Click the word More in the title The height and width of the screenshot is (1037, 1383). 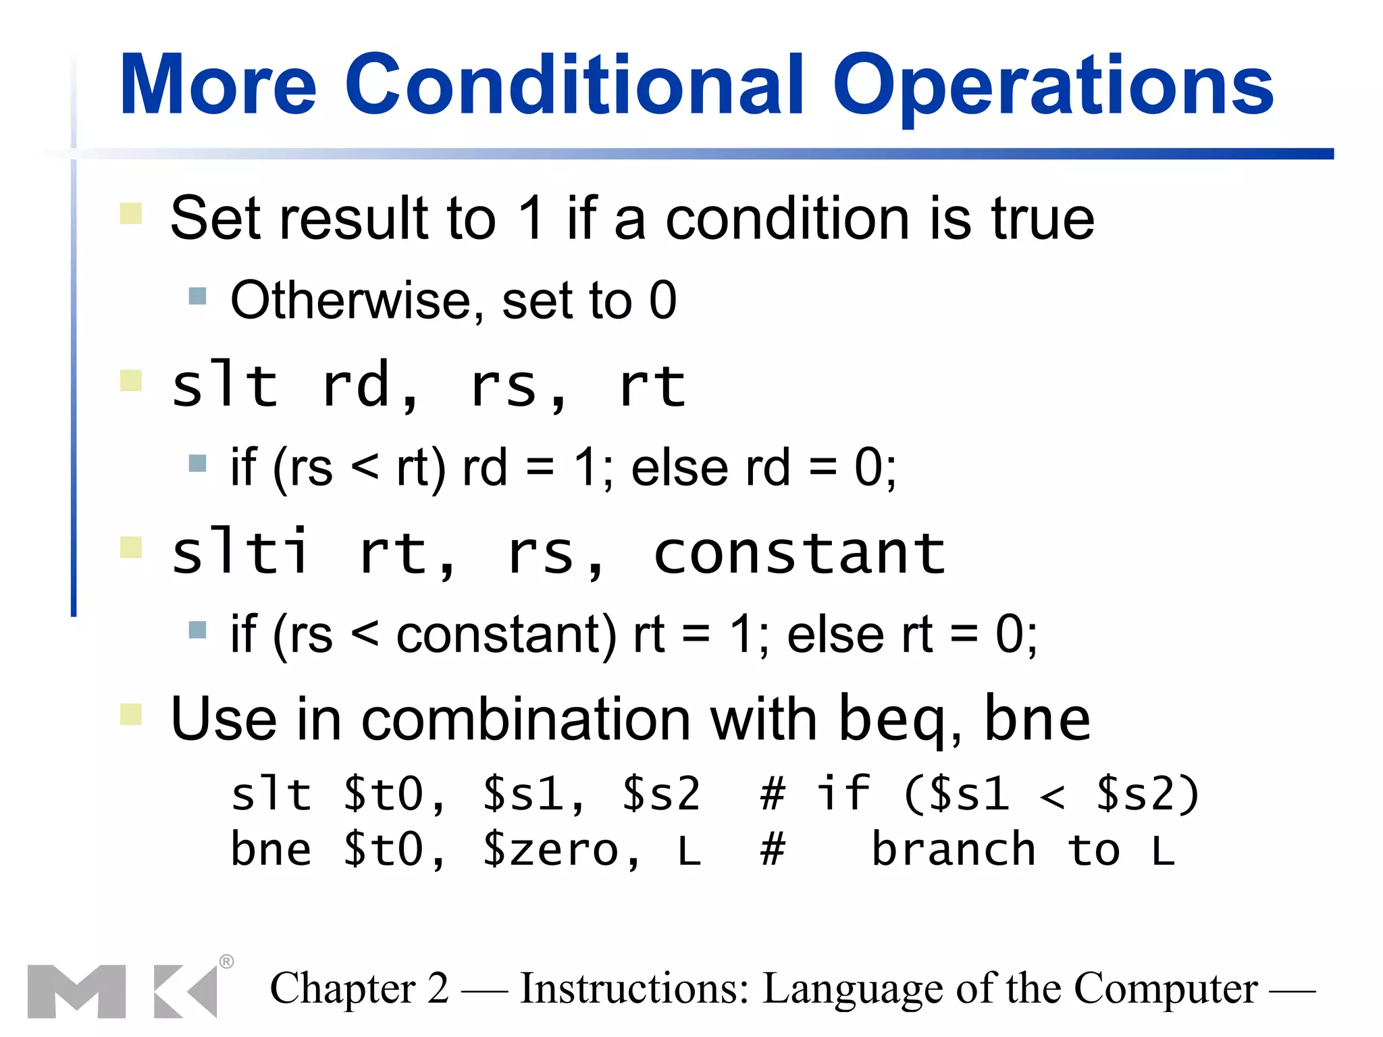pyautogui.click(x=217, y=86)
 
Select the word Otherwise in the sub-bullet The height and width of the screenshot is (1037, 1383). pyautogui.click(x=351, y=300)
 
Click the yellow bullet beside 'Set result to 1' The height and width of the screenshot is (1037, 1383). pyautogui.click(x=130, y=213)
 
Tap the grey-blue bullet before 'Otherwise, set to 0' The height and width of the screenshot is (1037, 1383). pyautogui.click(x=197, y=296)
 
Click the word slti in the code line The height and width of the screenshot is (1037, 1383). pyautogui.click(x=240, y=552)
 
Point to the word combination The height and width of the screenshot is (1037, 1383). pyautogui.click(x=526, y=719)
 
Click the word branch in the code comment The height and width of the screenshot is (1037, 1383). pyautogui.click(x=954, y=850)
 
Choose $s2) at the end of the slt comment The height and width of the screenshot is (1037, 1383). pyautogui.click(x=1147, y=794)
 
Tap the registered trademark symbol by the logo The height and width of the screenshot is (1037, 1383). pyautogui.click(x=227, y=961)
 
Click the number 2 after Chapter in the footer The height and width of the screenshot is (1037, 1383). pyautogui.click(x=438, y=989)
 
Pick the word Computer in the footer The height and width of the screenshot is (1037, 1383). pyautogui.click(x=1166, y=989)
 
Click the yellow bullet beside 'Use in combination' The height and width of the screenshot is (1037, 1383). pyautogui.click(x=130, y=714)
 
